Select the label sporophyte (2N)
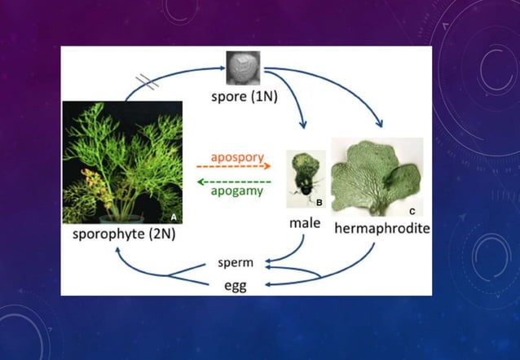coord(124,235)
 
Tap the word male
coord(305,222)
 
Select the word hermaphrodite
coord(382,230)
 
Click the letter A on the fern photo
coord(174,217)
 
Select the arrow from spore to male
coord(293,102)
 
